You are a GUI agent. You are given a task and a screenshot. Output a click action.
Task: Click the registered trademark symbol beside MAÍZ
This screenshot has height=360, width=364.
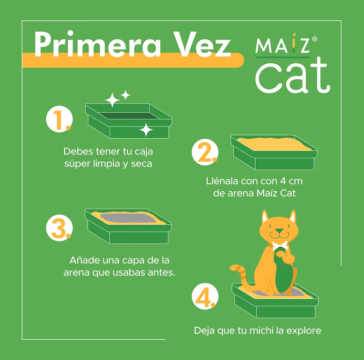(x=314, y=39)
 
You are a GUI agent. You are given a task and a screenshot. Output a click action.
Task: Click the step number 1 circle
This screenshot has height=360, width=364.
(x=59, y=119)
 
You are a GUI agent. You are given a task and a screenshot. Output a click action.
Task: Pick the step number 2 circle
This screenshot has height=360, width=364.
(x=205, y=152)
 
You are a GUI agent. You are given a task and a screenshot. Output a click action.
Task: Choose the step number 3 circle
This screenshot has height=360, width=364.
(x=59, y=228)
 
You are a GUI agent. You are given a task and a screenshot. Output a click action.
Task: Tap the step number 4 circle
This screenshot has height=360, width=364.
(x=205, y=296)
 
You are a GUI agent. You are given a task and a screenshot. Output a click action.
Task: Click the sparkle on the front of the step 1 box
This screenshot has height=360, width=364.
(x=146, y=130)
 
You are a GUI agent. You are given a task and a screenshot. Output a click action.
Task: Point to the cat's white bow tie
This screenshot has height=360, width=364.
(x=280, y=245)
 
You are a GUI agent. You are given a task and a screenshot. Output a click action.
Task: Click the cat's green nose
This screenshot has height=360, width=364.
(x=279, y=231)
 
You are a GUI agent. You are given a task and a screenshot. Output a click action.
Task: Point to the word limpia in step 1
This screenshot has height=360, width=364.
(x=107, y=164)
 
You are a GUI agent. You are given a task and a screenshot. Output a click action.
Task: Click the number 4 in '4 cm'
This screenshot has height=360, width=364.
(x=283, y=181)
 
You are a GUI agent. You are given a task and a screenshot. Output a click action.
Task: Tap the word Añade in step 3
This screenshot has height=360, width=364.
(x=85, y=260)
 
